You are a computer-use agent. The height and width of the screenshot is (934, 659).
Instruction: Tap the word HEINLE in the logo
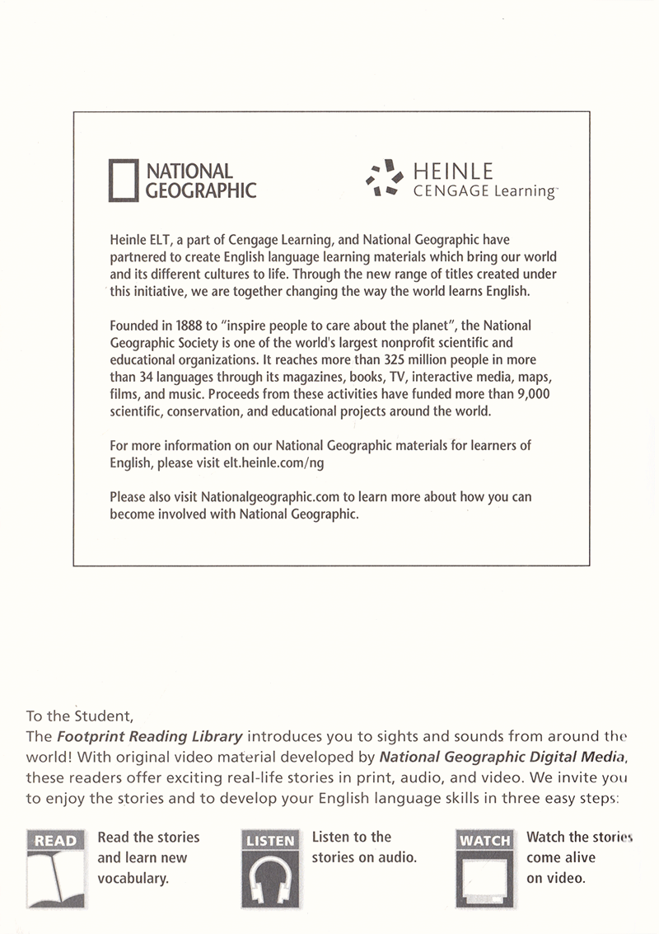coord(452,171)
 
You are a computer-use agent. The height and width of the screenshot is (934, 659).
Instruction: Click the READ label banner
coord(56,840)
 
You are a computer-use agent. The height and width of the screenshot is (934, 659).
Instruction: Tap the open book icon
coord(56,879)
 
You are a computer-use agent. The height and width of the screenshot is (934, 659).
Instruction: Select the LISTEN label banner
coord(270,840)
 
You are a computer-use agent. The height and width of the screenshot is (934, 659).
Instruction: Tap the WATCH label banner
coord(484,840)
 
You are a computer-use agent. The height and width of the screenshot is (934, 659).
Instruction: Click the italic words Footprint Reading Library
coord(149,735)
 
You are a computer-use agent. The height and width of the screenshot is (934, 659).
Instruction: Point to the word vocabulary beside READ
coord(133,878)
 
